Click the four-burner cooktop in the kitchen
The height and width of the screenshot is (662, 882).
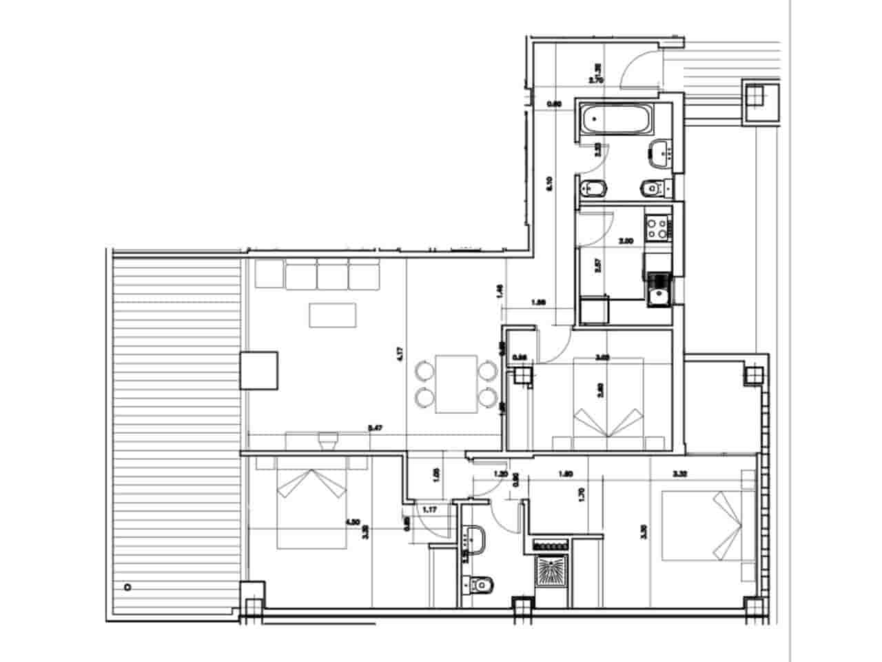tap(655, 228)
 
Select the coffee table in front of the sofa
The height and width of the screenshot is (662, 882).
tap(334, 314)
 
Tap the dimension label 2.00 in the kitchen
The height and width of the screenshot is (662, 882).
tap(626, 241)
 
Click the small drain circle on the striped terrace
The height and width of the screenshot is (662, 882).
tap(127, 587)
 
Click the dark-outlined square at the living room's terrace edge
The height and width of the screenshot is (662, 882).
tap(259, 371)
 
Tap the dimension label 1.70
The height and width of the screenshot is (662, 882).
tap(582, 494)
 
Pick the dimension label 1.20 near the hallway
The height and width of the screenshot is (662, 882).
tap(501, 474)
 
